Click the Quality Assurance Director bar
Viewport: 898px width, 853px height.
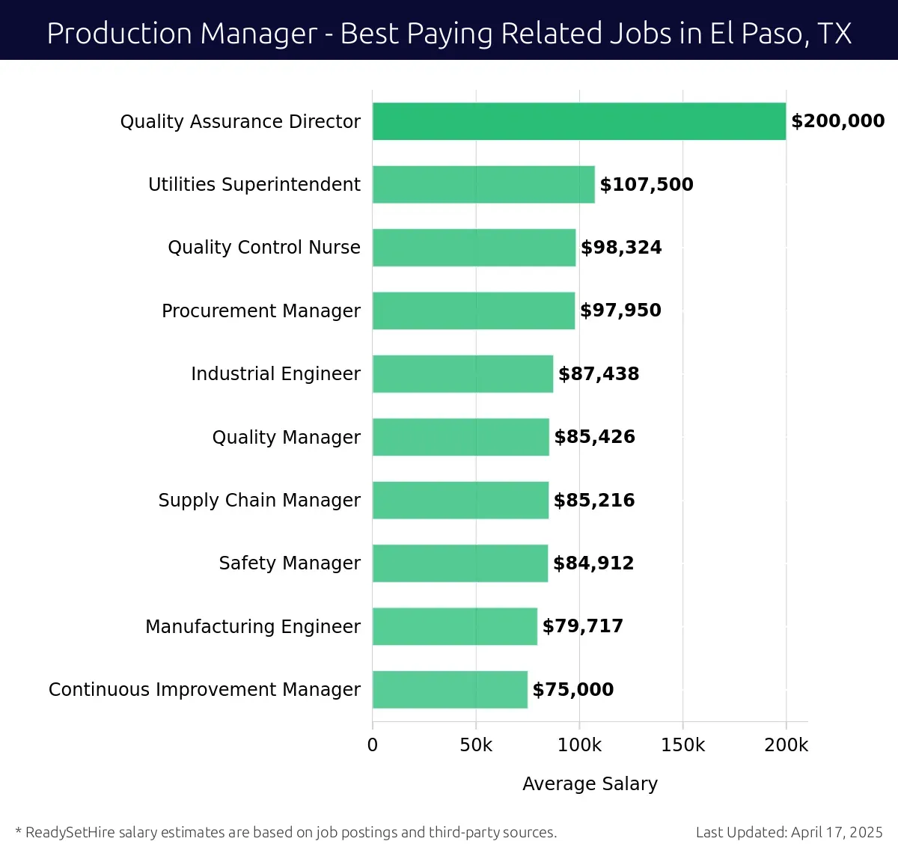pos(578,121)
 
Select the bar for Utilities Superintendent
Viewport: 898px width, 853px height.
pos(483,184)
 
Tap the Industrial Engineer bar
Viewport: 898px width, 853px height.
pos(462,373)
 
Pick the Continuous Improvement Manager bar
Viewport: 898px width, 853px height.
pos(450,689)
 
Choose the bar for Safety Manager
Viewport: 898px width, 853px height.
pos(460,563)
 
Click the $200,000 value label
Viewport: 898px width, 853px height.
pos(837,121)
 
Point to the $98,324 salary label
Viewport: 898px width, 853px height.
pos(621,248)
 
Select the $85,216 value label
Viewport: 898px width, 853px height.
pos(594,500)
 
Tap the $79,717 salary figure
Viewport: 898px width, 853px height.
pos(583,626)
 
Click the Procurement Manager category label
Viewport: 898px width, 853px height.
pos(260,311)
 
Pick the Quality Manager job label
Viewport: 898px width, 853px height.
pos(286,437)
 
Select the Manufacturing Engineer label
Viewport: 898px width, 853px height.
pos(252,626)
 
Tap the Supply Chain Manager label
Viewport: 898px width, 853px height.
pos(259,500)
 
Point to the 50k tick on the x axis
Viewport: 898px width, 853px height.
pos(476,745)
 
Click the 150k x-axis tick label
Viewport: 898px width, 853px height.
pos(682,745)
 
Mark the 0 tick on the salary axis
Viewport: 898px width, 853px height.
pos(373,745)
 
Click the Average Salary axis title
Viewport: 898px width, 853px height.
pos(590,783)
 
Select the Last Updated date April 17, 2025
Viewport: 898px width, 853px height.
pos(837,832)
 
